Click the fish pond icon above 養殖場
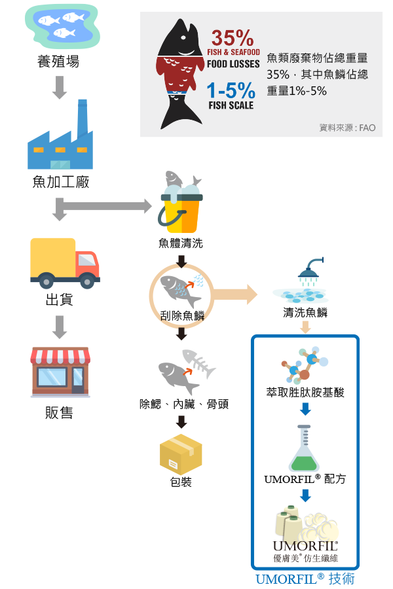pyautogui.click(x=62, y=26)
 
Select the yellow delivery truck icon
pyautogui.click(x=65, y=263)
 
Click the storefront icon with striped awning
pyautogui.click(x=60, y=372)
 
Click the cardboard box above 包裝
pyautogui.click(x=181, y=454)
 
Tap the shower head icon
pyautogui.click(x=310, y=271)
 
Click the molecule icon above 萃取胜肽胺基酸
pyautogui.click(x=305, y=364)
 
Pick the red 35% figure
pyautogui.click(x=233, y=38)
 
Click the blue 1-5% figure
pyautogui.click(x=231, y=90)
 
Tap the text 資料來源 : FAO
pyautogui.click(x=347, y=128)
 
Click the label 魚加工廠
pyautogui.click(x=61, y=182)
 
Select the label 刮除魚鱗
pyautogui.click(x=182, y=316)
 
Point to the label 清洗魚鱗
pyautogui.click(x=305, y=312)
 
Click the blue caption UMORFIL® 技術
pyautogui.click(x=305, y=579)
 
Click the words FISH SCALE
pyautogui.click(x=231, y=105)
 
